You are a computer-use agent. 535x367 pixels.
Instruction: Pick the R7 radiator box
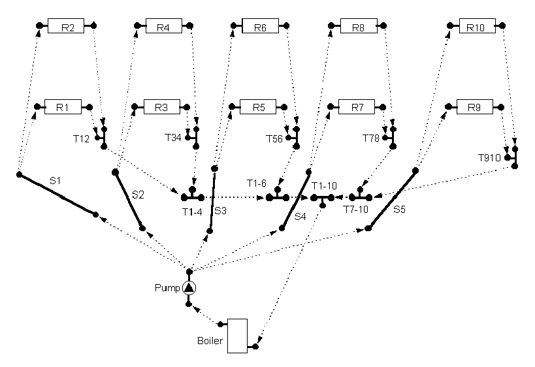point(357,107)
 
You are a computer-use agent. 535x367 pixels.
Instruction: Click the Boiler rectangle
point(237,336)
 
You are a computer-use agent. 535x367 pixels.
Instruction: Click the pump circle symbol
point(189,288)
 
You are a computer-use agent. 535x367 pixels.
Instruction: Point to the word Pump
point(165,288)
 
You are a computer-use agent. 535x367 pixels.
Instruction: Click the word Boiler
point(209,341)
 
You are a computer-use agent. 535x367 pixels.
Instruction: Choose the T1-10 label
point(325,186)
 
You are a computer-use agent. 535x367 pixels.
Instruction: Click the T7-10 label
point(357,210)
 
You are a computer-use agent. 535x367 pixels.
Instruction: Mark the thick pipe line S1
point(57,195)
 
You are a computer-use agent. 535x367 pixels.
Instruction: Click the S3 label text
point(221,210)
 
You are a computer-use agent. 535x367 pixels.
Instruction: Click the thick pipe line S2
point(129,200)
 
